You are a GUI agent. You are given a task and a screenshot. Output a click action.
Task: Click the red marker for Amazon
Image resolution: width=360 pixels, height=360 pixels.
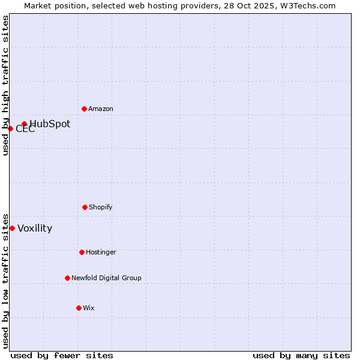84,109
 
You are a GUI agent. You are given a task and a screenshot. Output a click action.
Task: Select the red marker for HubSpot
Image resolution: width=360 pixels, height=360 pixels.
25,124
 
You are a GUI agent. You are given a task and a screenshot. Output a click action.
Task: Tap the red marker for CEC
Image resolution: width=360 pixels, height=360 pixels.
10,128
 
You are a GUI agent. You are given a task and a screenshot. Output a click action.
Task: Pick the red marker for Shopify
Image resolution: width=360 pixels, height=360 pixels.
85,207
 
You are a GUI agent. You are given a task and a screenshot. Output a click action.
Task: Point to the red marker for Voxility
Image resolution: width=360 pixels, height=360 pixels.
12,228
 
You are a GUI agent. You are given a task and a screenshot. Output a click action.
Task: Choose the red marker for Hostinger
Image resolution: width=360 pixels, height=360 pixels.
82,252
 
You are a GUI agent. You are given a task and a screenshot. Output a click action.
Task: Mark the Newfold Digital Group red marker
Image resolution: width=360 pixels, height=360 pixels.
67,278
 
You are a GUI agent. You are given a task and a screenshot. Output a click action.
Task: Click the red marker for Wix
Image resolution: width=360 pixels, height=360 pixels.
79,308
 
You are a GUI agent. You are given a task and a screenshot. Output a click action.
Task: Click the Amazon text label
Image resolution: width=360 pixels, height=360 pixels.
101,109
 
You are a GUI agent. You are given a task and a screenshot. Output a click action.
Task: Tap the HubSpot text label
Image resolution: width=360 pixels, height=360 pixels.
50,124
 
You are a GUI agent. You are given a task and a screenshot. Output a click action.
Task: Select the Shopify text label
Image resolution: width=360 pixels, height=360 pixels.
101,208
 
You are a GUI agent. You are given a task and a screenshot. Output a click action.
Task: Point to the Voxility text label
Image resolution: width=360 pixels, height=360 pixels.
35,229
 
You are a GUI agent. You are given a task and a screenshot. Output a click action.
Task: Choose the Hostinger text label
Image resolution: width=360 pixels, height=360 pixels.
101,253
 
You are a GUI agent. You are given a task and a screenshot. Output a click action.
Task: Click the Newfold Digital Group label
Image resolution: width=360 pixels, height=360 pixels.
106,278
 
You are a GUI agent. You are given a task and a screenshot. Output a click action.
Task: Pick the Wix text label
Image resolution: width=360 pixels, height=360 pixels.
89,308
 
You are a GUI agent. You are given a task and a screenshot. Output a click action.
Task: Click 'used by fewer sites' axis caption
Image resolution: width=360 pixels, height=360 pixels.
62,356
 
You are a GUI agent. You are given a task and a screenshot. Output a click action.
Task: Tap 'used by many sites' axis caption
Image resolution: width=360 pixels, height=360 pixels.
301,356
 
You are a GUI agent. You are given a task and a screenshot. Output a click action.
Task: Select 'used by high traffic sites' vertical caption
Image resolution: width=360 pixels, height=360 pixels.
5,85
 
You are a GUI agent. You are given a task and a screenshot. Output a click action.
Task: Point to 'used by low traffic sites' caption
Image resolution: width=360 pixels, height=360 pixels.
5,280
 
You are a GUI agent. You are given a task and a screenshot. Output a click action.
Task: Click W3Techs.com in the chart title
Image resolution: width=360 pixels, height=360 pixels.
305,5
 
